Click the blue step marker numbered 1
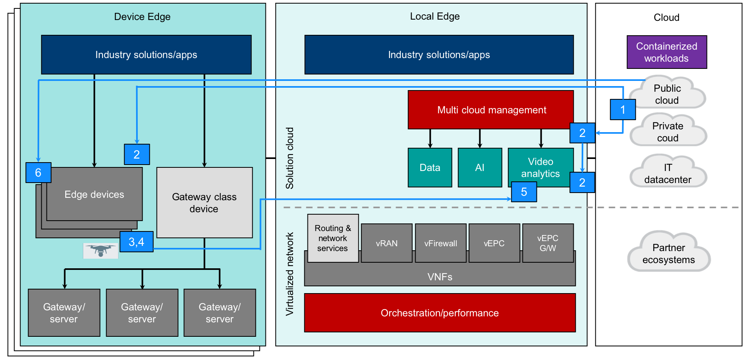click(x=622, y=109)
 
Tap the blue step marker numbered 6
click(x=38, y=173)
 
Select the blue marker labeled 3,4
click(x=137, y=241)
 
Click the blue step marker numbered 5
click(x=524, y=192)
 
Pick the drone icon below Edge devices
click(x=100, y=251)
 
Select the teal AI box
click(x=480, y=167)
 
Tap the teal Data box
click(x=430, y=167)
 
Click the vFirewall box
click(x=440, y=243)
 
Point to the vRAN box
click(x=386, y=243)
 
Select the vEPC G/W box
click(x=548, y=243)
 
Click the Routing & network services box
click(x=333, y=238)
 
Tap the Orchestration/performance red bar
click(x=440, y=313)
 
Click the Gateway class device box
click(x=204, y=203)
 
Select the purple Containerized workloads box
click(x=667, y=52)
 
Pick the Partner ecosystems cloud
click(x=669, y=253)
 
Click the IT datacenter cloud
click(x=668, y=173)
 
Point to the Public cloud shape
click(x=667, y=94)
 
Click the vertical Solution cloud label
click(x=289, y=158)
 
